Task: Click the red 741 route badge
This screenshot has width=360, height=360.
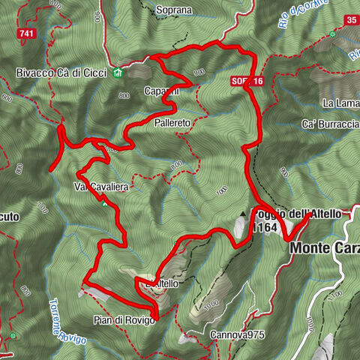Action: coord(27,34)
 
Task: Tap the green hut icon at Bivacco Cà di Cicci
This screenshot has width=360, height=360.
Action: coord(117,73)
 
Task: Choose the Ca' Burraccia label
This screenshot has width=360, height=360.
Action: coord(330,123)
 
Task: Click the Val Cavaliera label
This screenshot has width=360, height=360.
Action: coord(100,185)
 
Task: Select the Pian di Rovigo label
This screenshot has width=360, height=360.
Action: coord(124,320)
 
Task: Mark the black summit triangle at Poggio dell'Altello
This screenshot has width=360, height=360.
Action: coord(242,214)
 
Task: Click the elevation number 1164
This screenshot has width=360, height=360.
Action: coord(263,227)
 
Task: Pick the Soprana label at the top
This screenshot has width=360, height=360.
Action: coord(175,10)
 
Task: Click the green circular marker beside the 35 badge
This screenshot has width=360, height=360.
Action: coord(332,34)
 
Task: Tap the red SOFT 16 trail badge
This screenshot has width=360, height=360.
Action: coord(247,81)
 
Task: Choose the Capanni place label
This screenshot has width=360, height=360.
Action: coord(160,91)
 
